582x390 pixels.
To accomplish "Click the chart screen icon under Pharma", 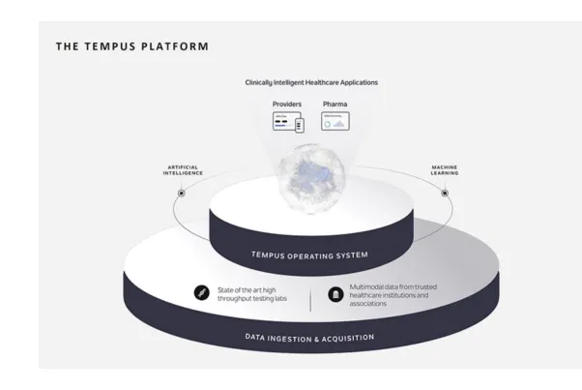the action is point(335,121).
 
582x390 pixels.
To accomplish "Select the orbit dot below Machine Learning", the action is point(445,193).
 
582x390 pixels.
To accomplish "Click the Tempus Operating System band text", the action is point(308,255).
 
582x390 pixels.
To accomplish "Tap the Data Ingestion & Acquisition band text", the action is point(308,338).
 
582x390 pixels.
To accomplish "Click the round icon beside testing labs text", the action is point(201,291).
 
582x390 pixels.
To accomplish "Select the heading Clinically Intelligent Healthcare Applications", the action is point(310,82).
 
